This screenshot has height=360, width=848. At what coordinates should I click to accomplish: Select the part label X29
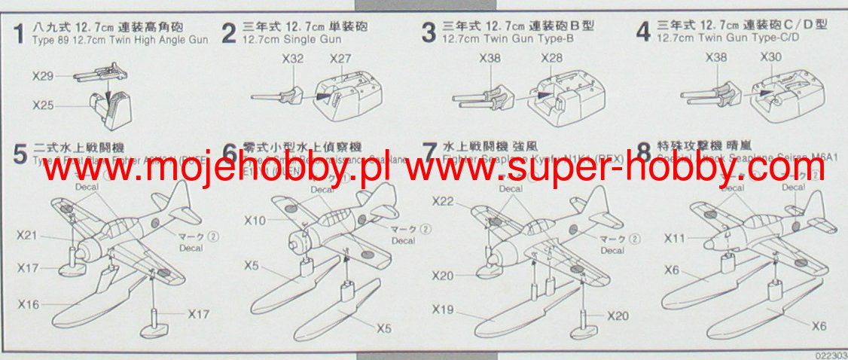point(42,75)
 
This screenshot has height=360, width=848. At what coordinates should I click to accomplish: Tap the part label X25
point(42,105)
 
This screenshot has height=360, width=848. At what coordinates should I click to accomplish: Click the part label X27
point(340,58)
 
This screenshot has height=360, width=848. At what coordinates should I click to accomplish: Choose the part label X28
point(551,58)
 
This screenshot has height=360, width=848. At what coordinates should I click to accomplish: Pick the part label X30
point(770,58)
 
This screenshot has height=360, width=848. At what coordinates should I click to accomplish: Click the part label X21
point(26,236)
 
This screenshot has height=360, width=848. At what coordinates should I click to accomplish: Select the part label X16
point(29,304)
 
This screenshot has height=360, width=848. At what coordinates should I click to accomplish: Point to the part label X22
point(444,201)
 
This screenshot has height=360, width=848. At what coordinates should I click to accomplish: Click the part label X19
point(444,309)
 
